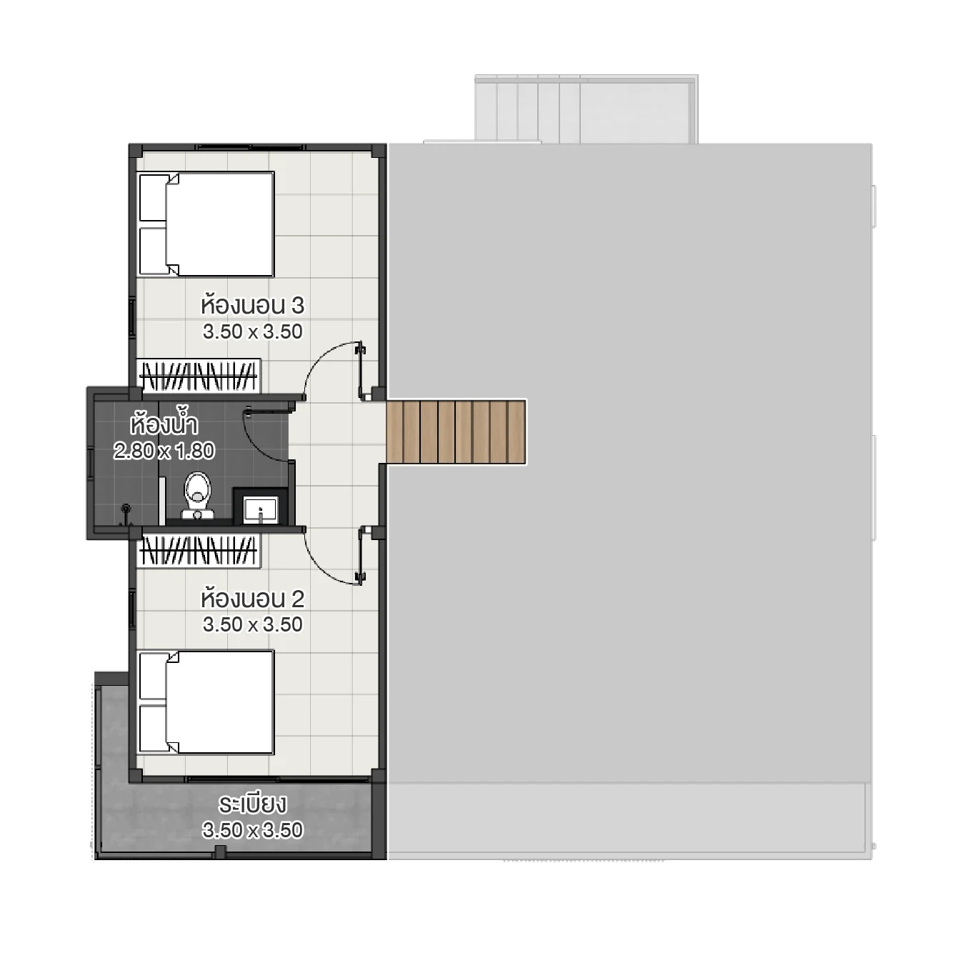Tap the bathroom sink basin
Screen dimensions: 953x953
(x=260, y=509)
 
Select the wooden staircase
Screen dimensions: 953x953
(x=456, y=431)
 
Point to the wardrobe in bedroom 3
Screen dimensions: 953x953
(x=199, y=375)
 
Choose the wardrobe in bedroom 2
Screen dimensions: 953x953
(x=199, y=550)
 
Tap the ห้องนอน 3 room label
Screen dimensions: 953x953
(x=252, y=305)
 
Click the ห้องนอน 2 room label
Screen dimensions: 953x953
(x=252, y=598)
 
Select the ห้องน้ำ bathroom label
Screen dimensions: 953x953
(x=164, y=424)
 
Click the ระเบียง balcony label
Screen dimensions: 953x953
(x=252, y=804)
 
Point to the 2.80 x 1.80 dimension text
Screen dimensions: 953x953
(x=164, y=451)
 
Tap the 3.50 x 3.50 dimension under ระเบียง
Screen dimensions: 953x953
(x=252, y=830)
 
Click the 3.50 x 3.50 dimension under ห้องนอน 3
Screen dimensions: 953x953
(x=252, y=331)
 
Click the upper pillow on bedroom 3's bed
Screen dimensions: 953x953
(x=153, y=198)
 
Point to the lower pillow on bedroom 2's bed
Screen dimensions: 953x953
(x=153, y=729)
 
